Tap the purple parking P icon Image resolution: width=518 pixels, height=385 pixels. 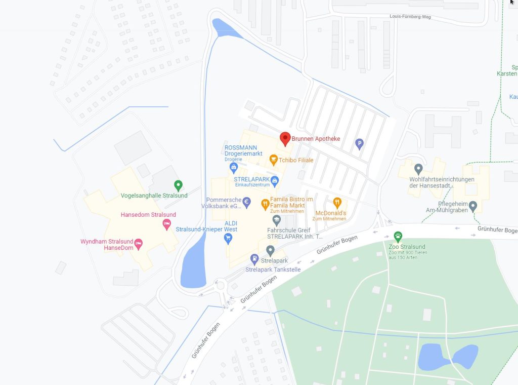(359, 144)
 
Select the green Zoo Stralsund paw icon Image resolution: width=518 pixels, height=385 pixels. (398, 237)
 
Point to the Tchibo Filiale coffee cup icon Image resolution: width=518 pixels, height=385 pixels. (274, 160)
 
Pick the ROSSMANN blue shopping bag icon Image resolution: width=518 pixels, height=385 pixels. (234, 167)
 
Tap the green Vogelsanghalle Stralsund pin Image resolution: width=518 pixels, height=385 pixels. (178, 185)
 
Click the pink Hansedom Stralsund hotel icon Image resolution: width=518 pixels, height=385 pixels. (166, 224)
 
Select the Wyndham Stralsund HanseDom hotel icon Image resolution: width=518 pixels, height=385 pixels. (138, 245)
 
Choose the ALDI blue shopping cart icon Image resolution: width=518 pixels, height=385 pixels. (228, 238)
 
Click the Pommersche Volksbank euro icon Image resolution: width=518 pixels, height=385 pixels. (246, 203)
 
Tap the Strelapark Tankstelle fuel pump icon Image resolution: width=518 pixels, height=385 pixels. (255, 260)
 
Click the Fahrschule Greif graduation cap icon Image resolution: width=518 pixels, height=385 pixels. (276, 220)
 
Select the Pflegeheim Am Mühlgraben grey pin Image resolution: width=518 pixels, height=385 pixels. (473, 206)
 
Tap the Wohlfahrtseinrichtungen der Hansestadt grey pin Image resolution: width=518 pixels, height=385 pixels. (418, 169)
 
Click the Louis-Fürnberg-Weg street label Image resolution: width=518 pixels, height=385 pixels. (410, 16)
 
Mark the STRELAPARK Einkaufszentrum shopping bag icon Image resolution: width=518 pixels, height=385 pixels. (274, 180)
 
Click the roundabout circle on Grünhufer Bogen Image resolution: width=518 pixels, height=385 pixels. (221, 286)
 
